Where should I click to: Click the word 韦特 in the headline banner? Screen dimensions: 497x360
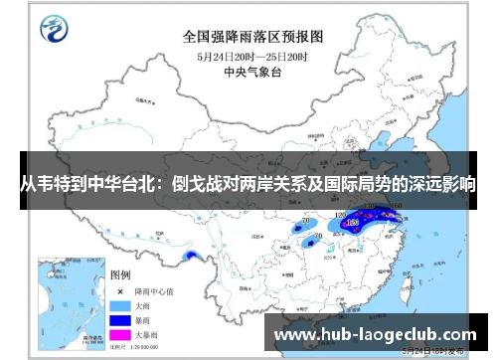click(64, 184)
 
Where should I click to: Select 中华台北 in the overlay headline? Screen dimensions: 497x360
click(125, 184)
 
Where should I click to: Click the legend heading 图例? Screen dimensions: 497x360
click(119, 273)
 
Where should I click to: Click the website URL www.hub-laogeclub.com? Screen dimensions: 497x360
click(375, 335)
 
